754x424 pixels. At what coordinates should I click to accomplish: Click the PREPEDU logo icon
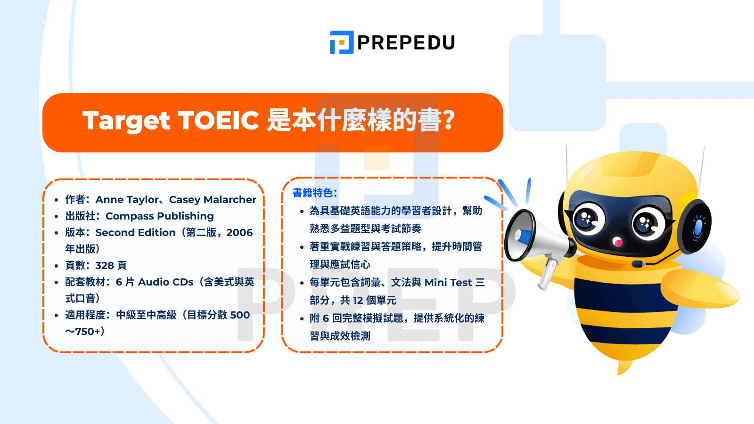(342, 42)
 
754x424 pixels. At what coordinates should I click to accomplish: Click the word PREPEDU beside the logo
(406, 43)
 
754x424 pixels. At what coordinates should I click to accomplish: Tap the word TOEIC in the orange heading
(218, 121)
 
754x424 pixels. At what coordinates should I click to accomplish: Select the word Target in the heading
(126, 121)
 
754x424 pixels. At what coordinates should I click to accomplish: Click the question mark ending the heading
(449, 121)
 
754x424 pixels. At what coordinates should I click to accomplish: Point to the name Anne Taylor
(127, 200)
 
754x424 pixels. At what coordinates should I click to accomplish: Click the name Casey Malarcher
(213, 200)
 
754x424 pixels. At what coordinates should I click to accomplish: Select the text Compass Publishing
(159, 216)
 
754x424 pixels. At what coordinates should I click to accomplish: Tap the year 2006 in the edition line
(239, 233)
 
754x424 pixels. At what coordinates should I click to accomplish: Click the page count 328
(105, 266)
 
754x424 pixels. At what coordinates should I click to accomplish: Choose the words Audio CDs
(165, 282)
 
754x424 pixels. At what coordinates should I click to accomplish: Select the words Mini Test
(448, 283)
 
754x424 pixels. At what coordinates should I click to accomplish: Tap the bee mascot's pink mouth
(617, 243)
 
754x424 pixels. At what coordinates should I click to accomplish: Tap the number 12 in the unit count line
(358, 301)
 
